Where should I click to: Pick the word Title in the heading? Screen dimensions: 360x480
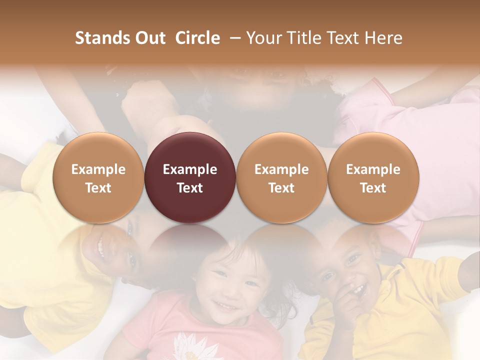pyautogui.click(x=300, y=38)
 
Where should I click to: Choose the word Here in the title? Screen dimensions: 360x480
pyautogui.click(x=383, y=38)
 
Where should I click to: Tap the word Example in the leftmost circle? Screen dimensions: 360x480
pyautogui.click(x=98, y=169)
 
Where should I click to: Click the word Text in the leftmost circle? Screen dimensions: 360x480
pyautogui.click(x=98, y=188)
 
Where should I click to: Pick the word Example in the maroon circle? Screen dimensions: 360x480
pyautogui.click(x=190, y=169)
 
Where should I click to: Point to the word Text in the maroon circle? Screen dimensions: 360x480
pyautogui.click(x=190, y=188)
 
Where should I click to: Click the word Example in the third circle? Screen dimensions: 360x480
pyautogui.click(x=281, y=169)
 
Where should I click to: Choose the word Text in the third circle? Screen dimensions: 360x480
pyautogui.click(x=281, y=188)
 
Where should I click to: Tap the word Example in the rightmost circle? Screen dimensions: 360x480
pyautogui.click(x=373, y=169)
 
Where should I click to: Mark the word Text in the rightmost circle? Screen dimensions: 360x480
pyautogui.click(x=373, y=188)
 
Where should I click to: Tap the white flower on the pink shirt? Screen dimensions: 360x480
pyautogui.click(x=189, y=345)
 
